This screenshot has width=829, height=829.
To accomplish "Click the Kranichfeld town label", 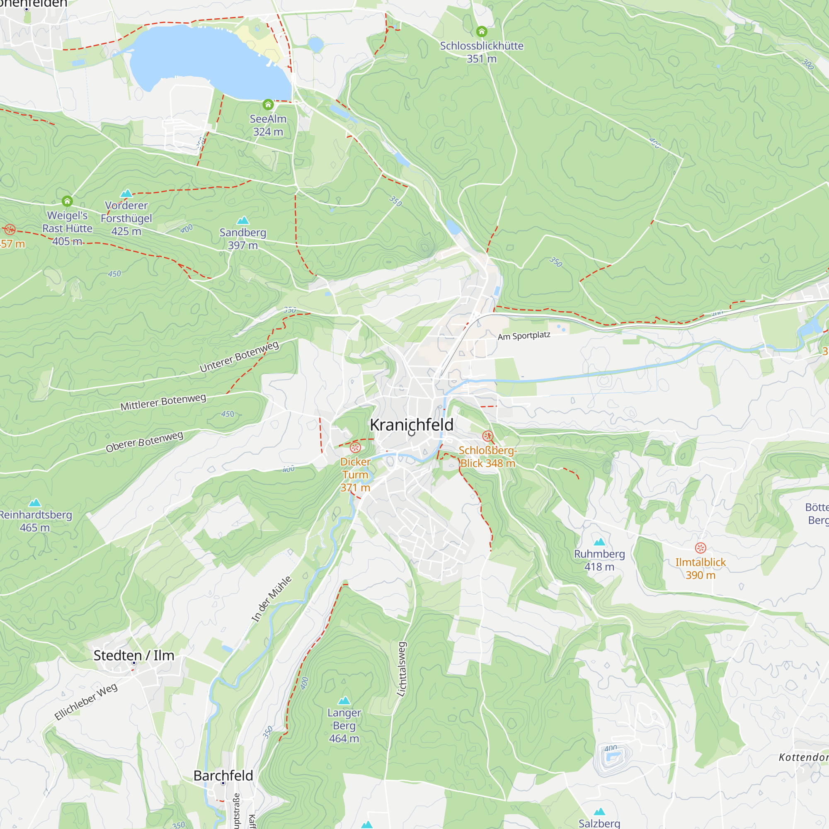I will (x=412, y=425).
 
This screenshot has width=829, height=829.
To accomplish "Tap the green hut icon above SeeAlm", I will (x=268, y=104).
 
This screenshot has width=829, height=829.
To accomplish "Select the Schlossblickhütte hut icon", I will (x=481, y=32).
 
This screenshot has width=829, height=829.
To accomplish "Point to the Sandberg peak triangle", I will (x=243, y=221).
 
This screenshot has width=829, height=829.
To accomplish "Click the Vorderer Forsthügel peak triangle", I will (x=126, y=194).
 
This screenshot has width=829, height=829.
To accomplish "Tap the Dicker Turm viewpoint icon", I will (x=355, y=448).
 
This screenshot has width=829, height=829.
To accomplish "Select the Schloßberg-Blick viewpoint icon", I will (x=488, y=436).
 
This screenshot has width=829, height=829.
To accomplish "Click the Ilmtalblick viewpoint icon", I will (x=700, y=548).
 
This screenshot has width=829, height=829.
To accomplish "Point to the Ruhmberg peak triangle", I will (x=599, y=542).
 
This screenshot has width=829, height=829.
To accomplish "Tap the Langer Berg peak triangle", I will (x=344, y=701).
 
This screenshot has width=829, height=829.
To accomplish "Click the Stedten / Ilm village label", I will (x=134, y=655).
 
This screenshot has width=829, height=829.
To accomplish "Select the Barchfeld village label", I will (x=223, y=776).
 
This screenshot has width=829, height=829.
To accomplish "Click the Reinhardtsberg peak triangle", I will (x=35, y=502).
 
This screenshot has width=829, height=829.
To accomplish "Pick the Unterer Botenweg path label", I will (x=240, y=356).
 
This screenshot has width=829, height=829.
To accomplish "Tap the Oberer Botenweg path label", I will (x=145, y=442).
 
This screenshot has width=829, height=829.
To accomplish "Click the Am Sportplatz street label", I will (x=524, y=336).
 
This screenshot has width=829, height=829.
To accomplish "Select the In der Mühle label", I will (x=271, y=599).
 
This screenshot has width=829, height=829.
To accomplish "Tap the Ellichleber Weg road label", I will (x=86, y=702).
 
